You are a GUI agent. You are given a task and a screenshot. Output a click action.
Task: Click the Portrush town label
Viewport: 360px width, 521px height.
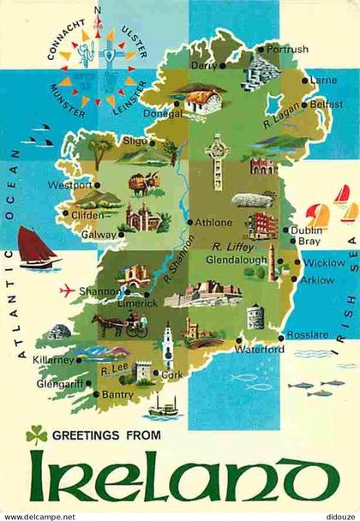[287, 50]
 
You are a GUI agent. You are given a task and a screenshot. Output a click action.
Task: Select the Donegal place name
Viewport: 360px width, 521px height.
[161, 112]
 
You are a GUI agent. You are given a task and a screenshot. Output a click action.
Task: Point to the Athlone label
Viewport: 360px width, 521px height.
[213, 222]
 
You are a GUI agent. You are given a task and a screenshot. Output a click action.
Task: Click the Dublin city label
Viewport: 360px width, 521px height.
[306, 230]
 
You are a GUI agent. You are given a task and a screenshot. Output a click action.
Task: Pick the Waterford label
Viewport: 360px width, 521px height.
[261, 350]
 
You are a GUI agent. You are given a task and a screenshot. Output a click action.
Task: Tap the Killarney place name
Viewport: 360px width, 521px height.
[54, 360]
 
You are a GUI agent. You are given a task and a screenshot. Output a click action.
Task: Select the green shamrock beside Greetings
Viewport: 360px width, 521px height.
[36, 435]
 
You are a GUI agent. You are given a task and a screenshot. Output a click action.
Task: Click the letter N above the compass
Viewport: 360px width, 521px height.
[98, 11]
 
